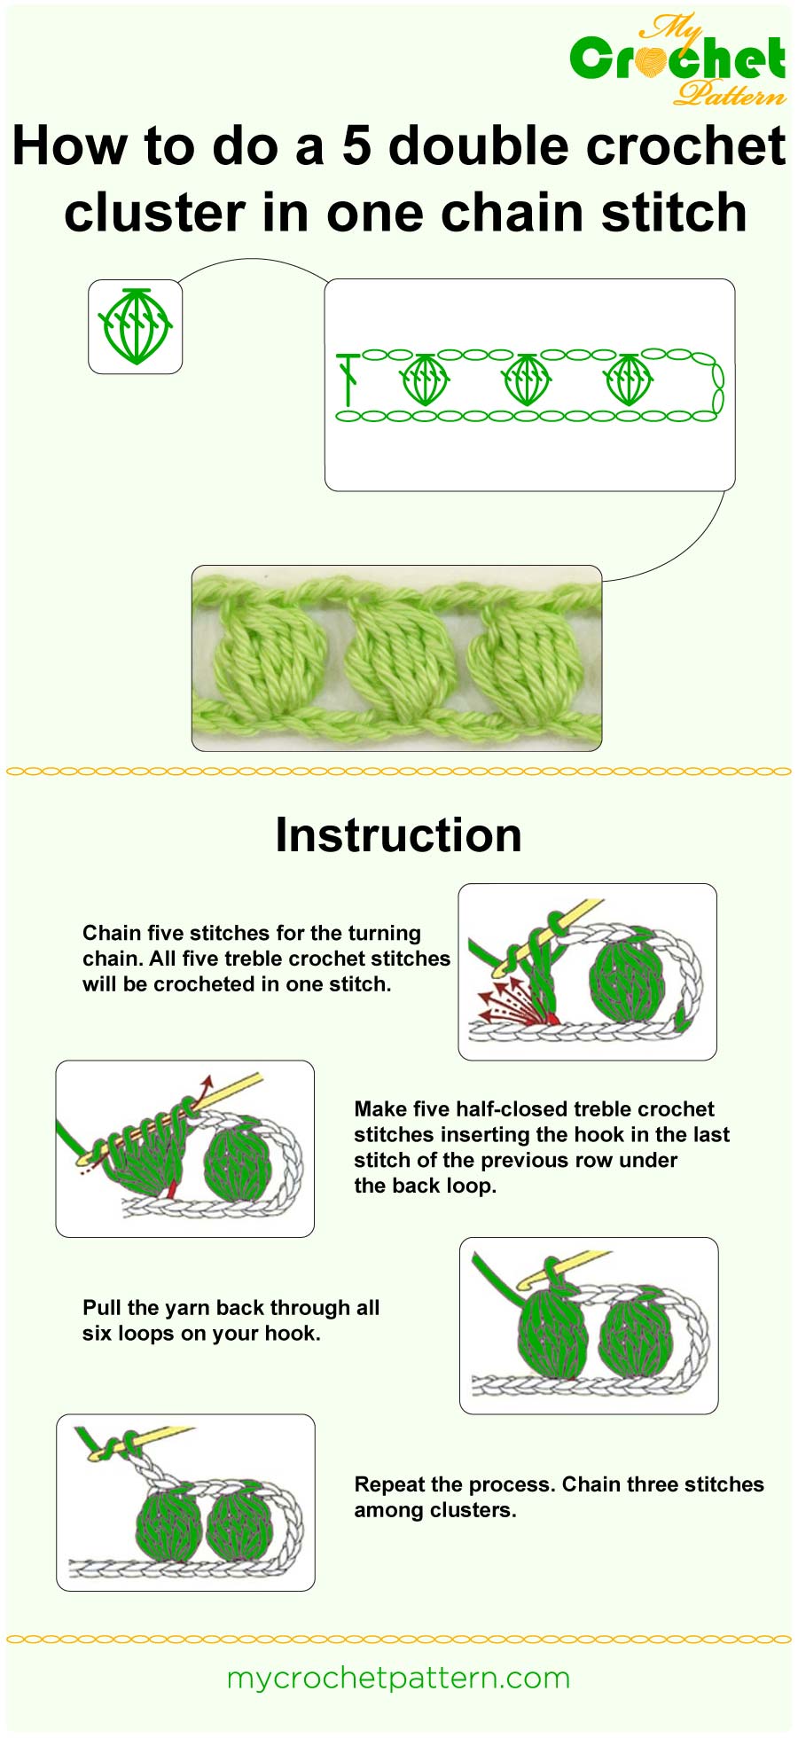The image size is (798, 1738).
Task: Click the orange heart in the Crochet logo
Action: coord(653,60)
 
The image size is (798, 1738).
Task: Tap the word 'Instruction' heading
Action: coord(398,835)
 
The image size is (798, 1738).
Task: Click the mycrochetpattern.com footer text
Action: coord(398,1678)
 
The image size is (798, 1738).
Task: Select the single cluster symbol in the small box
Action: coord(135,326)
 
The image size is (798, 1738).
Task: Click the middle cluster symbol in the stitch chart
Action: coord(527,380)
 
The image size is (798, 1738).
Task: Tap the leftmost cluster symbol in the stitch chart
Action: coord(425,380)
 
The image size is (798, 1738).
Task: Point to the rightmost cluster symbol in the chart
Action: coord(629,380)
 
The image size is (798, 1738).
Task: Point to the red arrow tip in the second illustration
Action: coord(207,1081)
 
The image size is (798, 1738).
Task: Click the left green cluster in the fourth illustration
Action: coord(168,1525)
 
